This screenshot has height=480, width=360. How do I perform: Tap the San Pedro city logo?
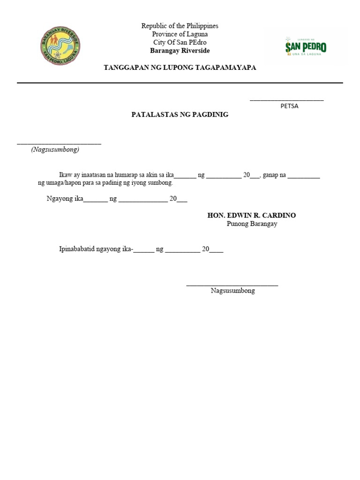point(306,46)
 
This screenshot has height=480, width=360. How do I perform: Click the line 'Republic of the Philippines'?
point(180,26)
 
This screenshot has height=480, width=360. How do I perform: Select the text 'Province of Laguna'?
point(180,34)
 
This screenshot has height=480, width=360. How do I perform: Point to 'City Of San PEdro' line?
point(180,42)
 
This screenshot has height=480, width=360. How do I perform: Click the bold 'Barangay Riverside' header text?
point(180,51)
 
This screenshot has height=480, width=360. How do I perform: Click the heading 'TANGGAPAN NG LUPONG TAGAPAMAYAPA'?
point(180,68)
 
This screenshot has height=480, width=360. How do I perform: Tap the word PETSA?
point(289,106)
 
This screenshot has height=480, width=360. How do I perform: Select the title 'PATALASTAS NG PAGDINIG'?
point(180,114)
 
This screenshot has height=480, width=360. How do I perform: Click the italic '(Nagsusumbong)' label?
point(55,150)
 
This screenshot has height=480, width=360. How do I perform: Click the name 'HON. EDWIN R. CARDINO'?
point(252,215)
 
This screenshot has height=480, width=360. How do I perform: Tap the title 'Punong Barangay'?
point(252,224)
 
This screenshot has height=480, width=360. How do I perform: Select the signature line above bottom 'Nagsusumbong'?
point(232,285)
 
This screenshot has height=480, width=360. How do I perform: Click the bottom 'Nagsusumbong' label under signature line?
point(233,291)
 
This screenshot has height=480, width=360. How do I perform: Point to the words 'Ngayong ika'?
point(65,199)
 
